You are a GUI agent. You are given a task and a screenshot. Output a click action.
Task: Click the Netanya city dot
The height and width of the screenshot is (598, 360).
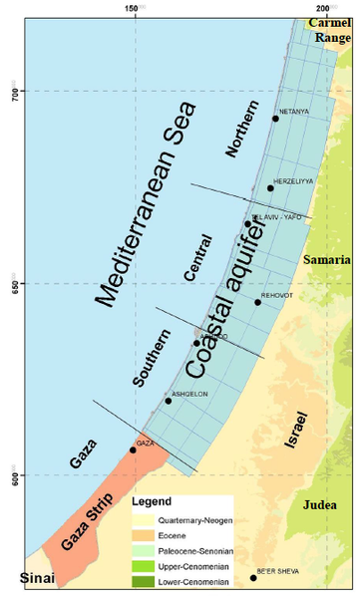pyautogui.click(x=276, y=119)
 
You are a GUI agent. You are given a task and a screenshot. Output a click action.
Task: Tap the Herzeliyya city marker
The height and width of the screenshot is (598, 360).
pyautogui.click(x=270, y=188)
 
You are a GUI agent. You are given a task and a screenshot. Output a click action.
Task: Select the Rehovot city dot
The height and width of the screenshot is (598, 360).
pyautogui.click(x=257, y=302)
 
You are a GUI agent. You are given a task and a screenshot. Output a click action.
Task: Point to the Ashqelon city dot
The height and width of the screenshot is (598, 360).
pyautogui.click(x=168, y=401)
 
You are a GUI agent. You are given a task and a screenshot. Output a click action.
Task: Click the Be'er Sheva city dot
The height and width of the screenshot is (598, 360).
pyautogui.click(x=253, y=578)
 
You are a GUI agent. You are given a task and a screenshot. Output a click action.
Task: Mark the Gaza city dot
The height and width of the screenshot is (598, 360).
pyautogui.click(x=133, y=449)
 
